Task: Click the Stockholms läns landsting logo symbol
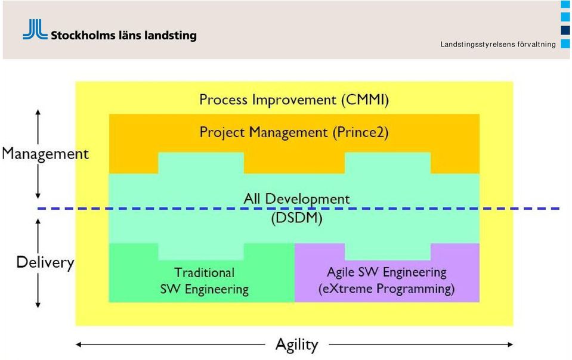click(35, 29)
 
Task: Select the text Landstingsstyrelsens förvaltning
click(498, 45)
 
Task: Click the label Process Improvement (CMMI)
click(294, 100)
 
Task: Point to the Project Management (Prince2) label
click(294, 132)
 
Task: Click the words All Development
click(296, 199)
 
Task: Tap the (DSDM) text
click(297, 218)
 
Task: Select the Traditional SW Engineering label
click(204, 281)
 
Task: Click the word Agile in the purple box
click(341, 272)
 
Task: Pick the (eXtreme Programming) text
click(387, 289)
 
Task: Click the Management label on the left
click(45, 154)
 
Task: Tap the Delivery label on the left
click(45, 262)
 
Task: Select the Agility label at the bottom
click(297, 345)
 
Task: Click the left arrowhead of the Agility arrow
click(78, 345)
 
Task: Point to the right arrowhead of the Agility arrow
click(510, 345)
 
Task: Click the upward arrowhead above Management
click(38, 112)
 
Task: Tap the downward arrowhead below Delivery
click(38, 305)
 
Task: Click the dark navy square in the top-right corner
click(565, 30)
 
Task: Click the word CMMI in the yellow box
click(365, 100)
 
